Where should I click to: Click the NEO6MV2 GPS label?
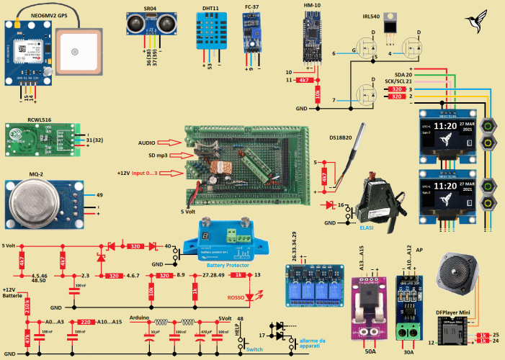point(29,14)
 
